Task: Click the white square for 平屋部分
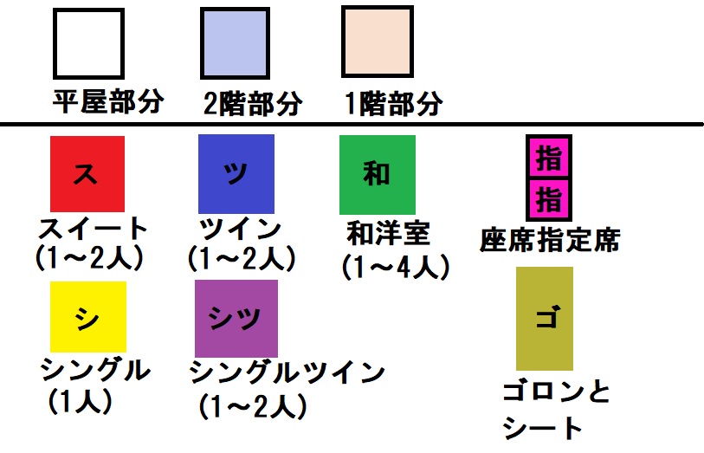(x=88, y=42)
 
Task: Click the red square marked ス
(x=87, y=174)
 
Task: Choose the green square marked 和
(x=377, y=174)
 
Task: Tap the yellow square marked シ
(x=87, y=317)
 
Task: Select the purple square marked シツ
(x=237, y=317)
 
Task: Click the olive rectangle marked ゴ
(x=544, y=318)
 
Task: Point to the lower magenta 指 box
(x=548, y=200)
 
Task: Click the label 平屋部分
(x=108, y=102)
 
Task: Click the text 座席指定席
(x=550, y=239)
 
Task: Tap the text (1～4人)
(x=396, y=266)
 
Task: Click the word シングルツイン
(x=287, y=372)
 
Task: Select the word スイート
(x=94, y=230)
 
